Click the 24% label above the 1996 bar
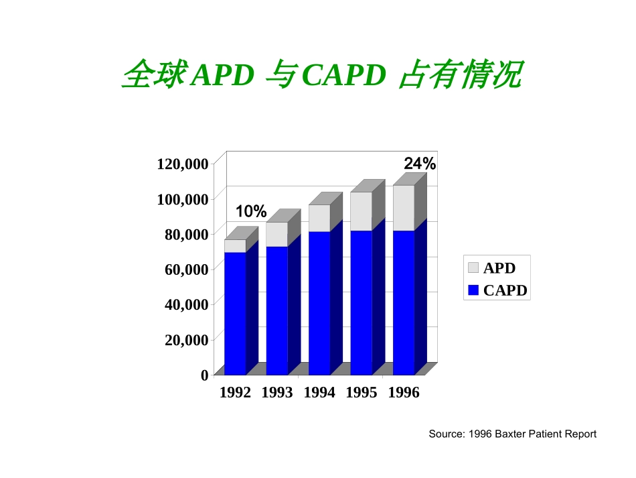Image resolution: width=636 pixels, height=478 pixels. [x=420, y=164]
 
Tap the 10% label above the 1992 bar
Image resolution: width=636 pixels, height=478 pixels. [x=251, y=212]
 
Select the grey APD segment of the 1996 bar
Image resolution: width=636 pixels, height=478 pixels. [x=403, y=208]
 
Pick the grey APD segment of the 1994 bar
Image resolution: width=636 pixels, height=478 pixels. [x=319, y=218]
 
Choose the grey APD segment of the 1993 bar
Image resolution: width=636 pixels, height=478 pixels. [x=277, y=234]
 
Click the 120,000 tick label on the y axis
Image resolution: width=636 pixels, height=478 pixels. [x=182, y=164]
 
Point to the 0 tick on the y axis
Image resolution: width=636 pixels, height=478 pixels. [x=205, y=375]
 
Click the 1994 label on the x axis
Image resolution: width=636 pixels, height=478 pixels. [x=319, y=394]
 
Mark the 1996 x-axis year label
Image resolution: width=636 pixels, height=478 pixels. [x=404, y=394]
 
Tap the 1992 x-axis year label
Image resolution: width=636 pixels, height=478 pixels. [x=235, y=394]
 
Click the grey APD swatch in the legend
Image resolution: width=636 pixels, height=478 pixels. [x=473, y=268]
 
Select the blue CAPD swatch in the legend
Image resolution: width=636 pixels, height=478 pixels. [x=473, y=290]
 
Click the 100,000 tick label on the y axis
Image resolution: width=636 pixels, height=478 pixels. [x=182, y=199]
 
